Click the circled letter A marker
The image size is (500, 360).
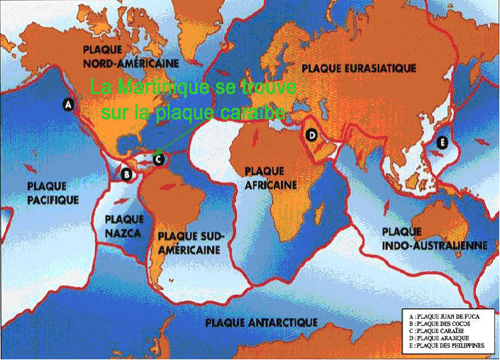[69, 104]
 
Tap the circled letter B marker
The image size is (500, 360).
[127, 174]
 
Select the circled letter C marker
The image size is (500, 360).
[159, 159]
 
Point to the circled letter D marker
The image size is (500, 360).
[311, 135]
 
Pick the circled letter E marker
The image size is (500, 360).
[443, 142]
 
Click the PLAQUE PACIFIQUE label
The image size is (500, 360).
[52, 193]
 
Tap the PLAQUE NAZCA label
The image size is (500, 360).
[123, 225]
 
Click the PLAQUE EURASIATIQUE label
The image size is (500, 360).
[359, 68]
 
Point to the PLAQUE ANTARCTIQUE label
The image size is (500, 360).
[261, 322]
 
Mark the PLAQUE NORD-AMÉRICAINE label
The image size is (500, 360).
[131, 56]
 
